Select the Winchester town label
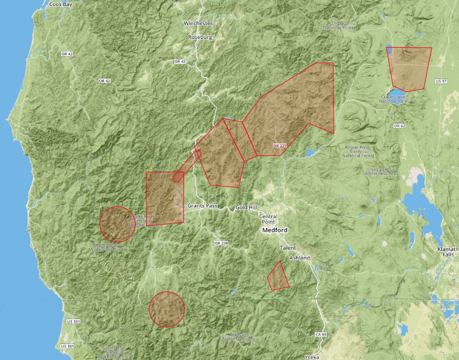[x=198, y=23]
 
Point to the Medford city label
[x=275, y=231]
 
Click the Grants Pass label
[x=202, y=206]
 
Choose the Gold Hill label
[x=247, y=208]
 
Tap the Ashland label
[x=300, y=258]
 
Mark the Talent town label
[x=287, y=249]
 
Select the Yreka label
[x=311, y=357]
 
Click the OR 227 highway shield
[x=279, y=146]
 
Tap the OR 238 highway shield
[x=220, y=243]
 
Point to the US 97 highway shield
[x=441, y=81]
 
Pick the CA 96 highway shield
[x=321, y=335]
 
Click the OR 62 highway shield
[x=399, y=125]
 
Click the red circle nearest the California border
[x=167, y=309]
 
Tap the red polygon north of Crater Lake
[x=410, y=68]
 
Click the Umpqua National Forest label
[x=340, y=25]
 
